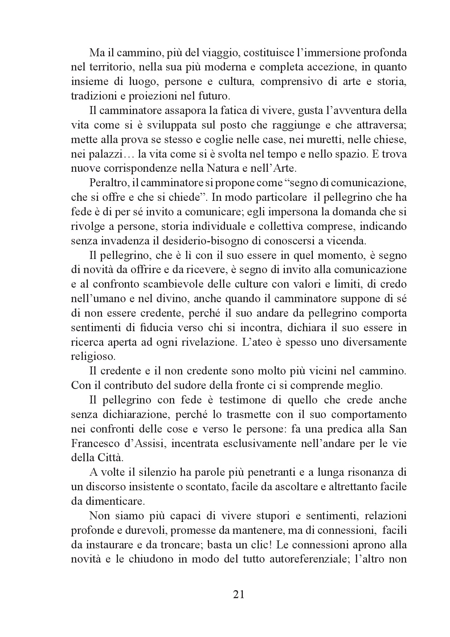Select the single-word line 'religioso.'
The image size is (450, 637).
click(x=93, y=356)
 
